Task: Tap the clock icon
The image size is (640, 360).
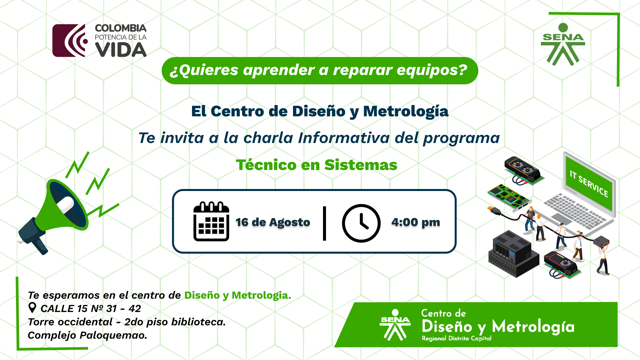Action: [361, 223]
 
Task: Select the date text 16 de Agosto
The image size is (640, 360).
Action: [273, 222]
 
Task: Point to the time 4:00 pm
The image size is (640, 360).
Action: [416, 222]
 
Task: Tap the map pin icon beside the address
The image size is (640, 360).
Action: [32, 308]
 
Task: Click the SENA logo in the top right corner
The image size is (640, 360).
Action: [563, 44]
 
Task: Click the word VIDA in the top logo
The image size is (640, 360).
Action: [121, 50]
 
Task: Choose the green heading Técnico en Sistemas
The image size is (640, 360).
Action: [317, 165]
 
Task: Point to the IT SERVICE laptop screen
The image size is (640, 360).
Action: [589, 183]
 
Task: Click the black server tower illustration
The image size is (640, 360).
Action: [513, 253]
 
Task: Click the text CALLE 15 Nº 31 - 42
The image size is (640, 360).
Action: [91, 309]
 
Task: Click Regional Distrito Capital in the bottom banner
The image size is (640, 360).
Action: [456, 338]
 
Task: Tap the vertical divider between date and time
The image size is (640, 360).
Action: [324, 223]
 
